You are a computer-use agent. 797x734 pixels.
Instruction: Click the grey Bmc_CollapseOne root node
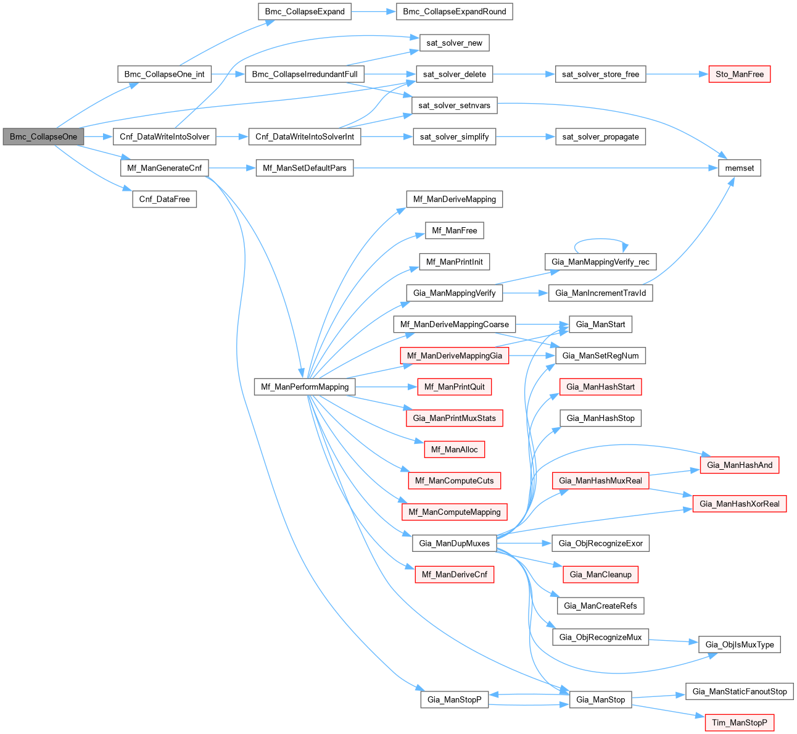point(43,136)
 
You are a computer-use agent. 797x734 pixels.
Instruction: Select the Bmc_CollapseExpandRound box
point(454,12)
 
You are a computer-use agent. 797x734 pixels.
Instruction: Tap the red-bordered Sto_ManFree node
point(739,74)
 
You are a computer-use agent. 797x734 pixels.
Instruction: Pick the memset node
point(739,168)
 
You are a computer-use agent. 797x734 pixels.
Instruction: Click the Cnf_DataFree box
point(164,199)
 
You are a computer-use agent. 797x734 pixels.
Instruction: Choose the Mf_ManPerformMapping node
point(305,387)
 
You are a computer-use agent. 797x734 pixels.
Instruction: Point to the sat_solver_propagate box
point(600,136)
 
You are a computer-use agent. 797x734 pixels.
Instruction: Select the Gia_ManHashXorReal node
point(739,504)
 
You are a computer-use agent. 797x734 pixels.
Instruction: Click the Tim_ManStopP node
point(739,722)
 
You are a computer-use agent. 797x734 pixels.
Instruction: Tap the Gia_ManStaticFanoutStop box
point(739,691)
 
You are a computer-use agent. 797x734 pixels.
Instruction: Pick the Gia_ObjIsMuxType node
point(739,644)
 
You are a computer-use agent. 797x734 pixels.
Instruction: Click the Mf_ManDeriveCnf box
point(454,575)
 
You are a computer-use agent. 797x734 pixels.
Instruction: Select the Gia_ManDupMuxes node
point(454,543)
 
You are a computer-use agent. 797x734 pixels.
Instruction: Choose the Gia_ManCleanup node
point(600,575)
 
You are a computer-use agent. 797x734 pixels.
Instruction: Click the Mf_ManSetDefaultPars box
point(305,168)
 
